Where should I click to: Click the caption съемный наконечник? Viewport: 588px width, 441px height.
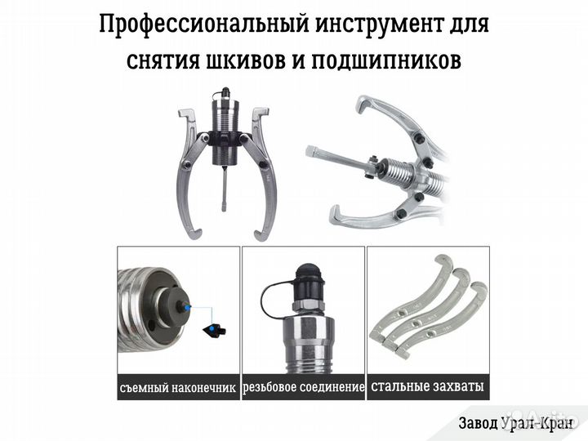[x=177, y=387]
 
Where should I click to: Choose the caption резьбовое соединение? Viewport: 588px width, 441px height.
[x=304, y=387]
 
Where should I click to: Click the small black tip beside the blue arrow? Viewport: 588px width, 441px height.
[x=214, y=328]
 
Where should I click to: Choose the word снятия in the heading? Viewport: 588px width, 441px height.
[x=163, y=60]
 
